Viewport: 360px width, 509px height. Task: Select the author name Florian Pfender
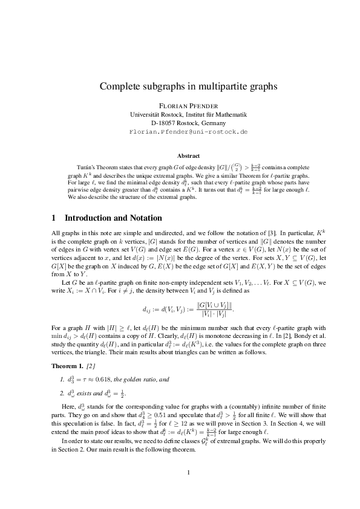pos(180,105)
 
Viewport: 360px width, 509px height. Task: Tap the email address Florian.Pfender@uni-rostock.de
pos(180,131)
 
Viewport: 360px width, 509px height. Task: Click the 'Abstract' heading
pos(180,155)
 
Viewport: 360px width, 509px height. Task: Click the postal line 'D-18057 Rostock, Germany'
pos(180,123)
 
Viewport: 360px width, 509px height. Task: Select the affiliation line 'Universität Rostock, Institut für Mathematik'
pos(180,114)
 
